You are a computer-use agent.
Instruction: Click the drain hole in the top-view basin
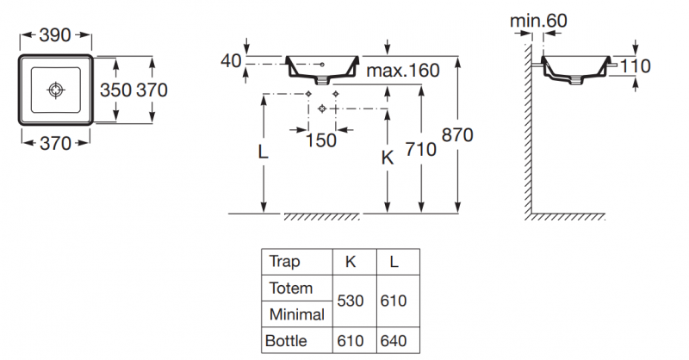pyautogui.click(x=56, y=89)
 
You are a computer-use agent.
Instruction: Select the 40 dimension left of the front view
pyautogui.click(x=231, y=61)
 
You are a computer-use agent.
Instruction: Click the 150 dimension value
pyautogui.click(x=320, y=141)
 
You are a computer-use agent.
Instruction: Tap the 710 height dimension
pyautogui.click(x=421, y=149)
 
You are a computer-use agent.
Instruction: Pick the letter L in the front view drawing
pyautogui.click(x=263, y=152)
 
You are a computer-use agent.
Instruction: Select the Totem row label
pyautogui.click(x=290, y=288)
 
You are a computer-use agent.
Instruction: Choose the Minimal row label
pyautogui.click(x=296, y=314)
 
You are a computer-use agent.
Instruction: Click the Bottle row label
pyautogui.click(x=288, y=341)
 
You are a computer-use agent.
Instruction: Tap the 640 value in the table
pyautogui.click(x=393, y=341)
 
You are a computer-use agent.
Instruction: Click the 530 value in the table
pyautogui.click(x=351, y=301)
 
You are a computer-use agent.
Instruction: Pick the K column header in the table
pyautogui.click(x=351, y=261)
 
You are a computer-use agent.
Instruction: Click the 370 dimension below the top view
pyautogui.click(x=55, y=144)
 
